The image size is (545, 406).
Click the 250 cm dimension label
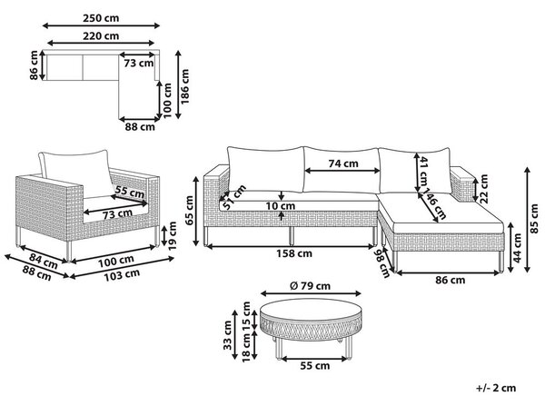pos(101,18)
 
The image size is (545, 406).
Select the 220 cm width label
pos(101,35)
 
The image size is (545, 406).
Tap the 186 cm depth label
pos(185,86)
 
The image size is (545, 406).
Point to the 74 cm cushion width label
pos(343,163)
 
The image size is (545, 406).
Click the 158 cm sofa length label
pos(294,253)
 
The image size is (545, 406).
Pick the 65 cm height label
pos(190,211)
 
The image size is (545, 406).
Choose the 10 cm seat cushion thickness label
pos(281,206)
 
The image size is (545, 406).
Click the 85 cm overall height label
pos(535,219)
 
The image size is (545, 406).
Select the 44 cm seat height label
pos(518,247)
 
